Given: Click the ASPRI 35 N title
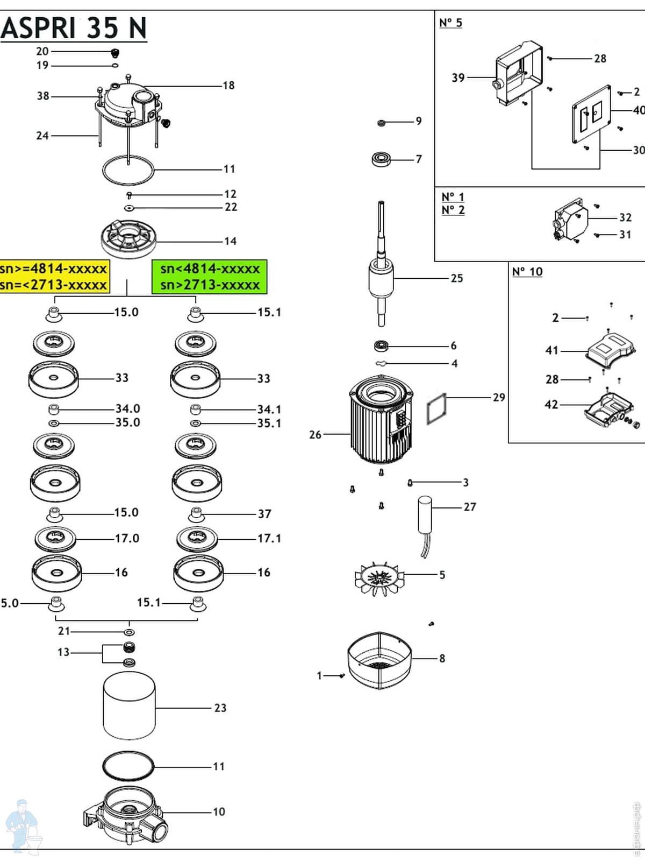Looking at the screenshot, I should pos(74,28).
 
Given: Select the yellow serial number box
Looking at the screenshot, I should pos(54,277).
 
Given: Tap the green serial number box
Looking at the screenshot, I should pos(210,277).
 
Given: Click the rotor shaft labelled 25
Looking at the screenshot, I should pos(381,269).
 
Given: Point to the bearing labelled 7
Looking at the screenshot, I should pos(381,159).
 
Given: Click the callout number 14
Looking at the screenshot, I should pos(230,241).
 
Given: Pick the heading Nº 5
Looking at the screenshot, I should pos(450,23).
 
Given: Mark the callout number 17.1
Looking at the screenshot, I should pos(269,538).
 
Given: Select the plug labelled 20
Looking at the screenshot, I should pos(114,53).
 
